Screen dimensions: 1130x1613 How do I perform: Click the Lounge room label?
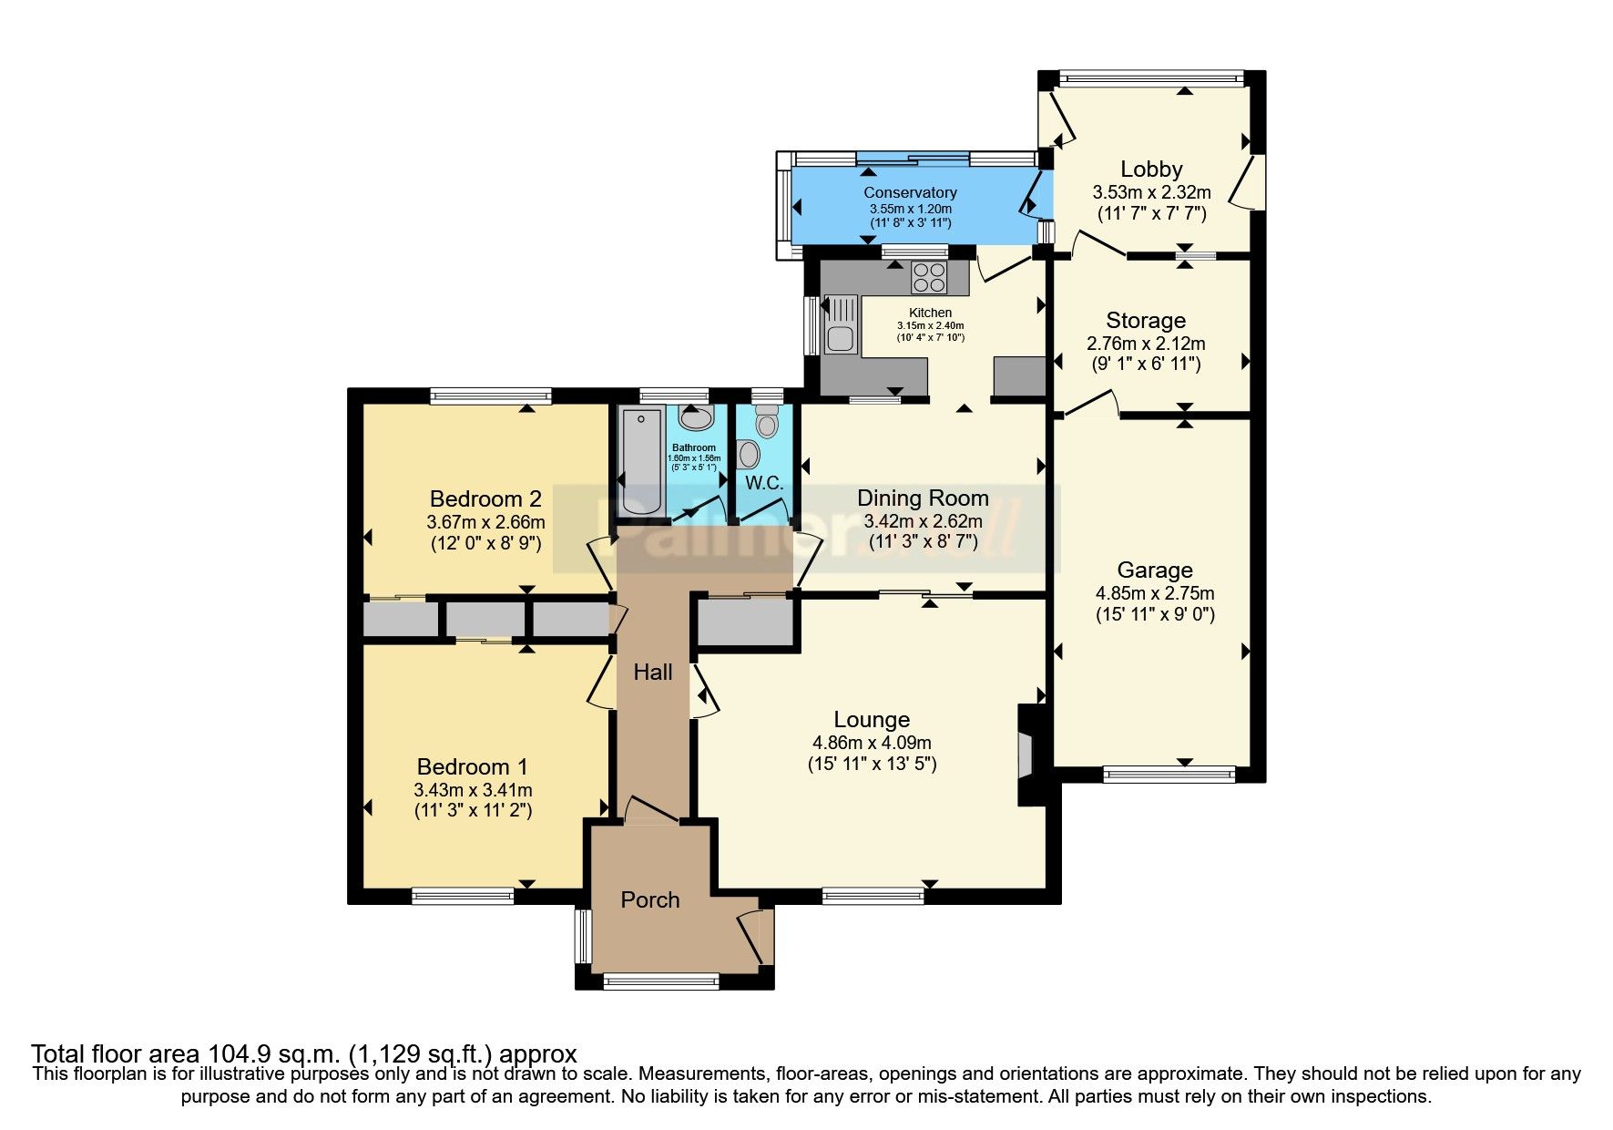click(872, 720)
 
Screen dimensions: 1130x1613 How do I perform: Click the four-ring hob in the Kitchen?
click(928, 277)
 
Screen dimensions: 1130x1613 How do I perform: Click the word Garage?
click(1155, 570)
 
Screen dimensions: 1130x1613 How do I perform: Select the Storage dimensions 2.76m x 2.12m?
click(1146, 344)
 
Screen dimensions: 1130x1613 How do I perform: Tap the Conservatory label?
click(910, 192)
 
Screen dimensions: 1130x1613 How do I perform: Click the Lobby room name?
click(1151, 169)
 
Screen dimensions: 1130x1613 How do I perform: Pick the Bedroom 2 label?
click(485, 498)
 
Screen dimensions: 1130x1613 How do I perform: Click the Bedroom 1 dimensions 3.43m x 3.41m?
click(473, 790)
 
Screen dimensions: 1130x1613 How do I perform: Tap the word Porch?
click(649, 899)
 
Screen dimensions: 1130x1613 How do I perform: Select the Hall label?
click(652, 673)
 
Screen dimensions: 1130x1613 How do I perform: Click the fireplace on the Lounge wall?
click(1027, 754)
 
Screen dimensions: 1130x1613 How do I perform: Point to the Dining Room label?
click(923, 498)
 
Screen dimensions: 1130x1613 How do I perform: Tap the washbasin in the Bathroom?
click(696, 419)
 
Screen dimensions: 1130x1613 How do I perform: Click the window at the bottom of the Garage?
click(1169, 775)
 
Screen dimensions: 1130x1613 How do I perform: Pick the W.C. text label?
click(764, 483)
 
